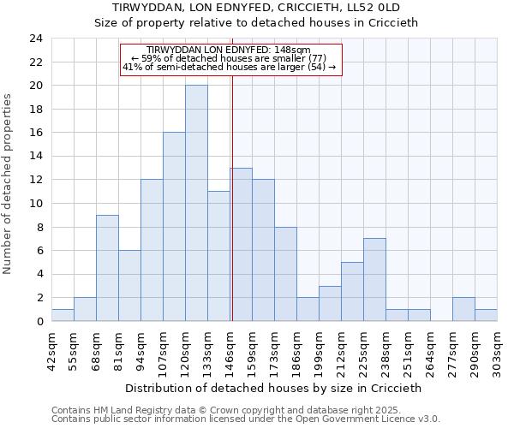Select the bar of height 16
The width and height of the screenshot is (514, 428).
(174, 227)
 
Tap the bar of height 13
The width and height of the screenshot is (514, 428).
(241, 244)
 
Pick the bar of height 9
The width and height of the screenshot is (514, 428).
(107, 268)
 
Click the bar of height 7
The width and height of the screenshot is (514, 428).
(374, 280)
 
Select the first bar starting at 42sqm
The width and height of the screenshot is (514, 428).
(63, 315)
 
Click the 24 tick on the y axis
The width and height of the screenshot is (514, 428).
(36, 39)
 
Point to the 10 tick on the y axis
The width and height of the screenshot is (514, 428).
(36, 204)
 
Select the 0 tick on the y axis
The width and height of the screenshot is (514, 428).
(39, 321)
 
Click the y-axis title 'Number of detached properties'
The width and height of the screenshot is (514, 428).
(9, 184)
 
